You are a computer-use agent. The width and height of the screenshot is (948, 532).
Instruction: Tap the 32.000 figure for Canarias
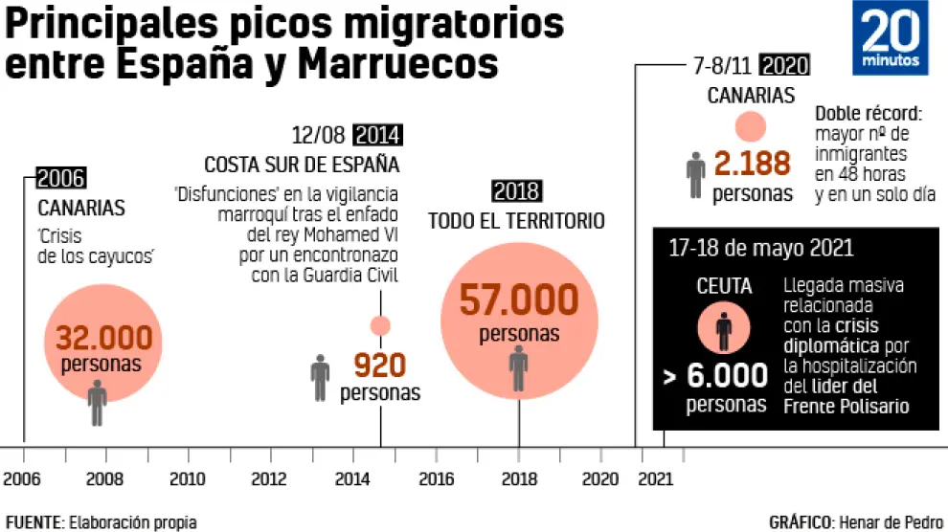[x=103, y=338]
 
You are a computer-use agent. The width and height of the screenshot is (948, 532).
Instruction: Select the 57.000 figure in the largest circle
[x=518, y=300]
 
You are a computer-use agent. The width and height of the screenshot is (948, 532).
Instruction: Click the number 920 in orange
[x=380, y=365]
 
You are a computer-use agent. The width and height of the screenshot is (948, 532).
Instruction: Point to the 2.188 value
[x=753, y=164]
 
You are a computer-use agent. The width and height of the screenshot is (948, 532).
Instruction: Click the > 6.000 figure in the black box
[x=715, y=375]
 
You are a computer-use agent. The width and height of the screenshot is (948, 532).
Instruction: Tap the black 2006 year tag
[x=61, y=177]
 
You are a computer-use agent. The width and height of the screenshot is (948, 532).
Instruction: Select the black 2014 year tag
[x=376, y=135]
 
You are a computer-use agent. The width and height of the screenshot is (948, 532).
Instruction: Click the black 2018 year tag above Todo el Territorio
[x=516, y=190]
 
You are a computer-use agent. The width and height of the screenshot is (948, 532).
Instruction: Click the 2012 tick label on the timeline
[x=269, y=478]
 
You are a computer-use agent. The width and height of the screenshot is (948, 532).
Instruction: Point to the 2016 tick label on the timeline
[x=436, y=478]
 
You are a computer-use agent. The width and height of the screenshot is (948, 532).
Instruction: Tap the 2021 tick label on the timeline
[x=655, y=478]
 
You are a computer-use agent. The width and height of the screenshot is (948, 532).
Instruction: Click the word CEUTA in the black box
[x=725, y=285]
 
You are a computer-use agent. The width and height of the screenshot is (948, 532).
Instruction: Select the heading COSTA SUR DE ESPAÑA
[x=302, y=164]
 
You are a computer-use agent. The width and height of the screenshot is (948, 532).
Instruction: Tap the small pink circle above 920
[x=380, y=325]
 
